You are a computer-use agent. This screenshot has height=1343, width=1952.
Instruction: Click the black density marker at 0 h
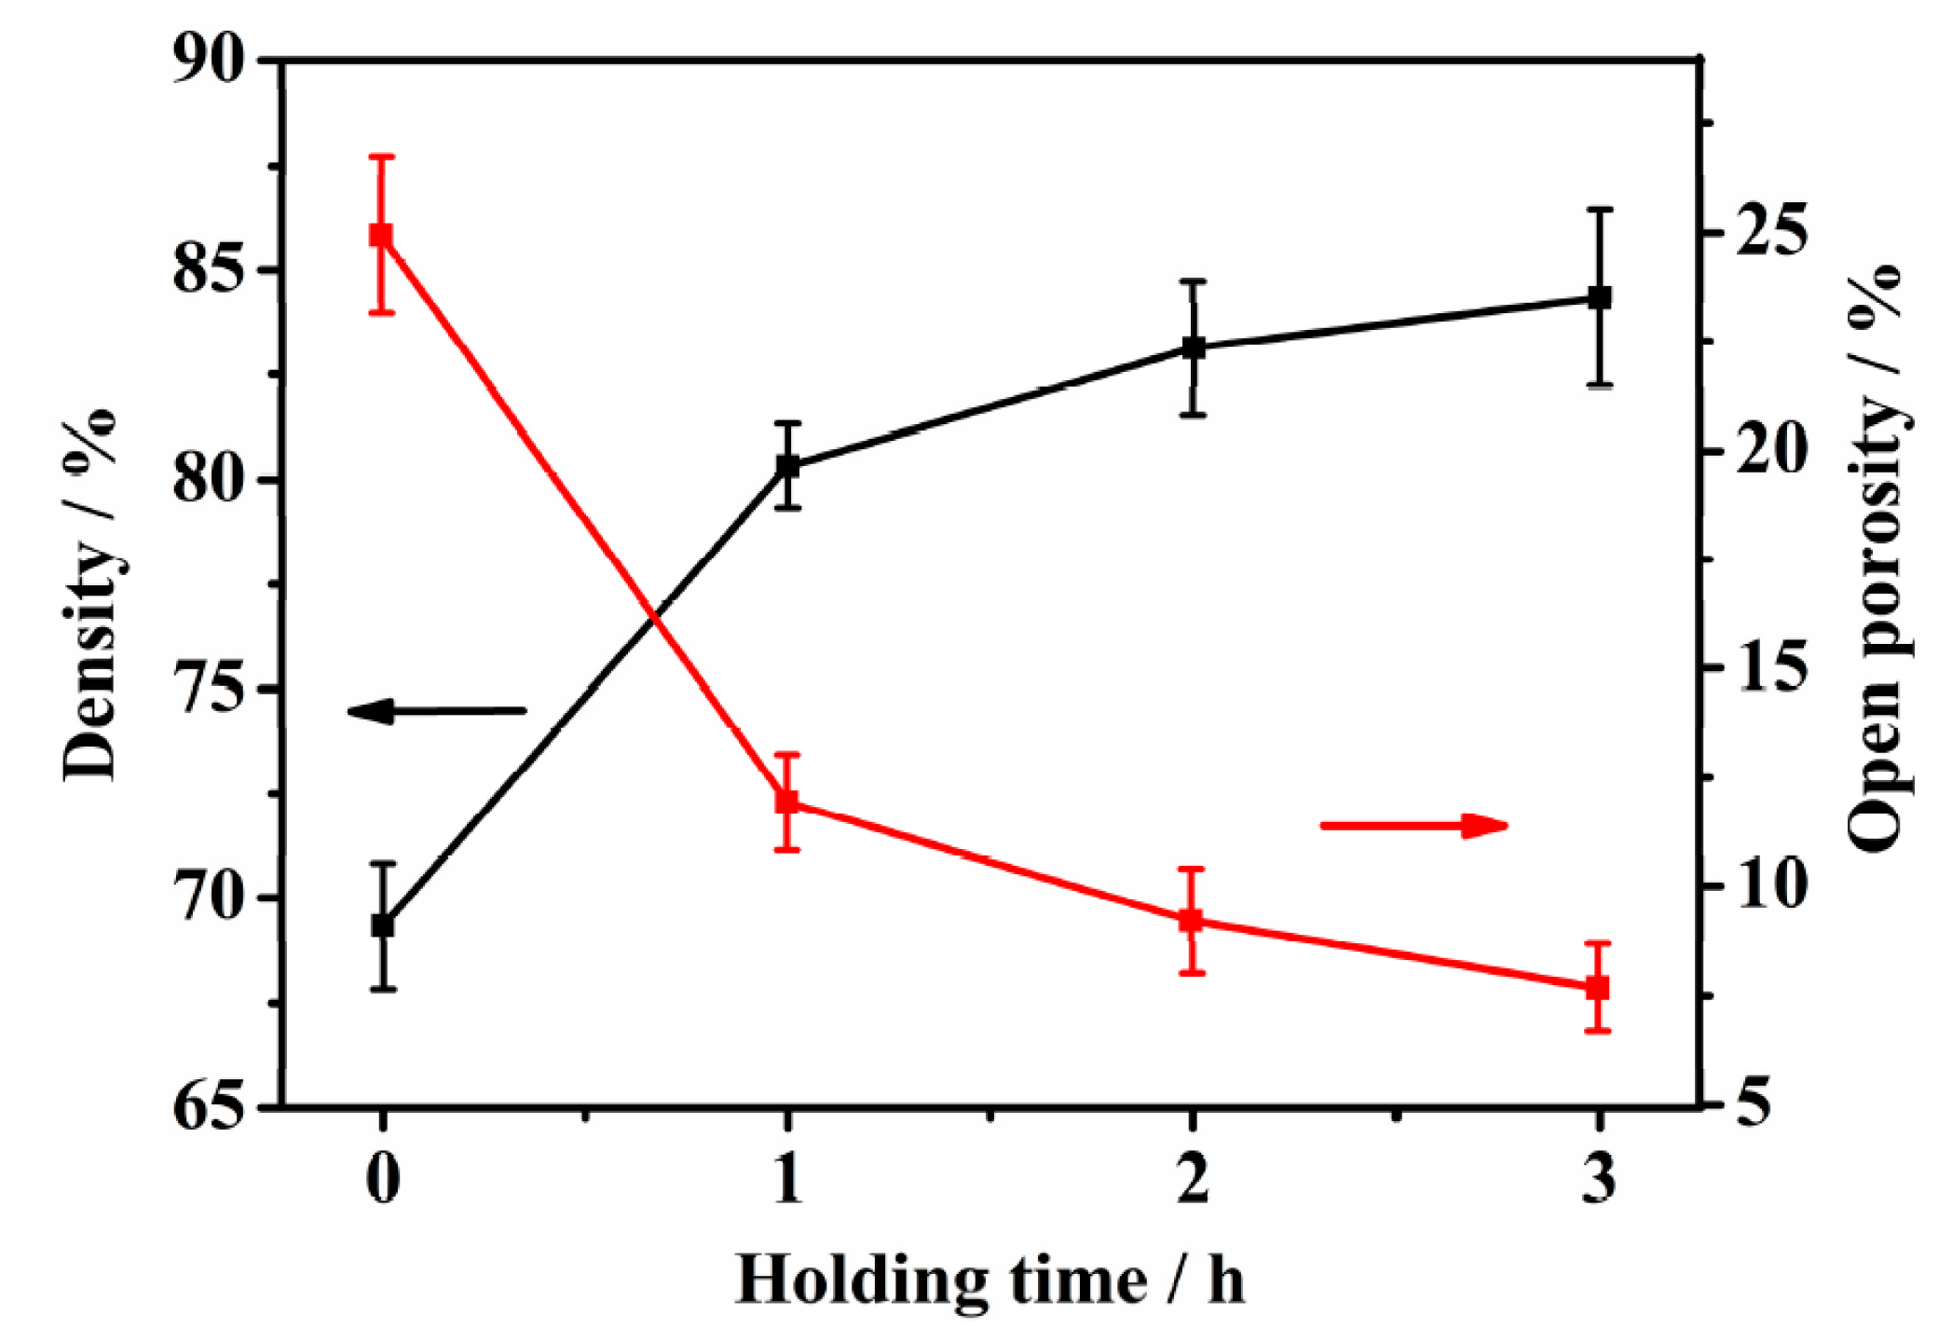(x=382, y=925)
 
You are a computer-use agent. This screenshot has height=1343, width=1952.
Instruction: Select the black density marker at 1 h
(x=788, y=465)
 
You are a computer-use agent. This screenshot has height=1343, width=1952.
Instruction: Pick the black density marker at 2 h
(x=1194, y=348)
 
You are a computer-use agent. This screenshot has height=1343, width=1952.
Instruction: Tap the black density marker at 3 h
(x=1600, y=297)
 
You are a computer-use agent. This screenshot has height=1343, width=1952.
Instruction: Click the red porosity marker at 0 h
(x=381, y=234)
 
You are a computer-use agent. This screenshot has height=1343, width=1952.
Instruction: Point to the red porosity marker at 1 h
(x=788, y=802)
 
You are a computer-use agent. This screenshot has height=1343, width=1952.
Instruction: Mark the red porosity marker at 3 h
(x=1599, y=987)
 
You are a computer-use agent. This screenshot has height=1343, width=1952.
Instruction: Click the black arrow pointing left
(x=436, y=711)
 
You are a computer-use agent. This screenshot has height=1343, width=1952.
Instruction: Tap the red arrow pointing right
(x=1414, y=825)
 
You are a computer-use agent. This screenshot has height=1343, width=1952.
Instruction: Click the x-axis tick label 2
(x=1193, y=1180)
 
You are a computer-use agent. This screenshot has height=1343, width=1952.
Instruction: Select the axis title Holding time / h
(x=990, y=1281)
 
